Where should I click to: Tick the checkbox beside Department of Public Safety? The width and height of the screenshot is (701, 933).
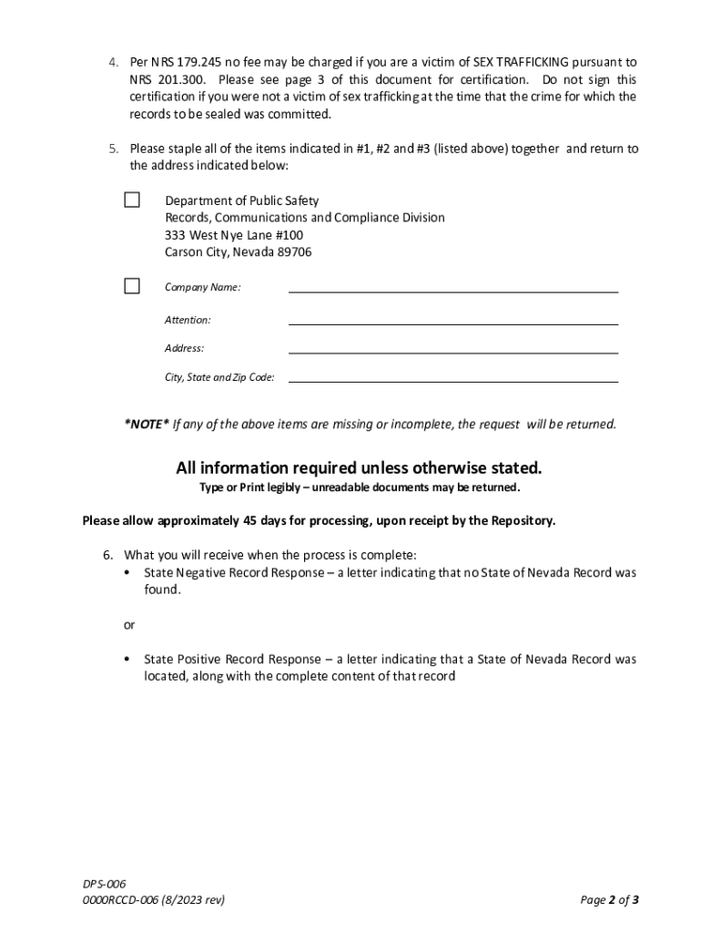tap(132, 200)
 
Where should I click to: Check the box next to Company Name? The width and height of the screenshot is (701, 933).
tap(132, 286)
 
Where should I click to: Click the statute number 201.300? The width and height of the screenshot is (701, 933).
tap(180, 80)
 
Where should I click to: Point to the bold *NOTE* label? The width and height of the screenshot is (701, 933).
tap(147, 425)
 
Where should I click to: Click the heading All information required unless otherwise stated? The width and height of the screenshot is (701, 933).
tap(359, 468)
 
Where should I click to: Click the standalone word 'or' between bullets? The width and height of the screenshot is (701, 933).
tap(129, 625)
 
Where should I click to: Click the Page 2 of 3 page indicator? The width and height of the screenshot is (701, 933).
tap(609, 901)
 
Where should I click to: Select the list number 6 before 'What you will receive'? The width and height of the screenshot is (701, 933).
tap(107, 556)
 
